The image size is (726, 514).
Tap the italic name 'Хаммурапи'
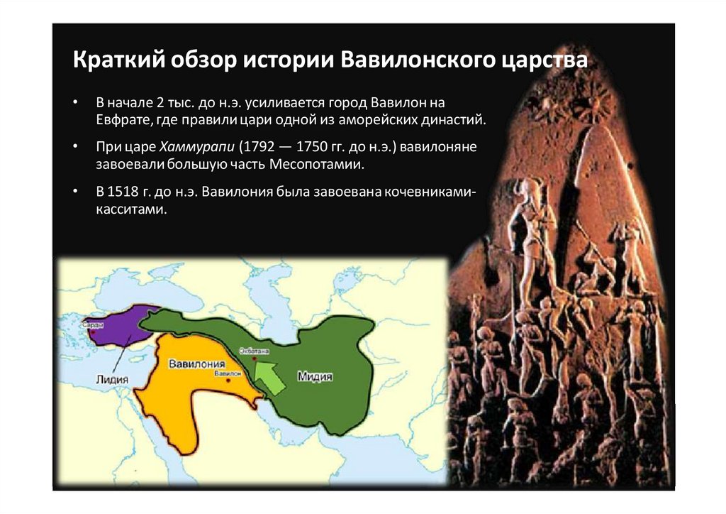click(x=196, y=148)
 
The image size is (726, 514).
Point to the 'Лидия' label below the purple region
click(x=112, y=379)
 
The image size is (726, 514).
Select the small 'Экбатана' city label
click(x=254, y=351)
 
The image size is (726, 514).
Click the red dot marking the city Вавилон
click(x=228, y=381)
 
